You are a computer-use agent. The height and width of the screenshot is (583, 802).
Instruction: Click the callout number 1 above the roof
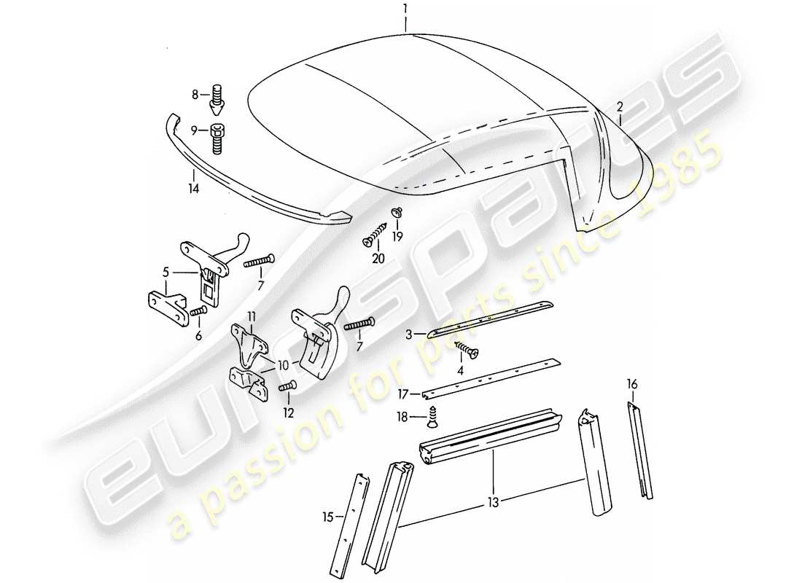(406, 9)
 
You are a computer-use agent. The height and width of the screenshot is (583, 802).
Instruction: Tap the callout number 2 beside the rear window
(619, 106)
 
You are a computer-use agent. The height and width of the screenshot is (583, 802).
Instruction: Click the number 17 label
(404, 394)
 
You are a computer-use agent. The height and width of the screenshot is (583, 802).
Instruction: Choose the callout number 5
(167, 273)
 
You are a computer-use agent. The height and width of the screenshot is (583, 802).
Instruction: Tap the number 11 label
(252, 316)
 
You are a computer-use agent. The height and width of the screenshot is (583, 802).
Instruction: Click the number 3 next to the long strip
(409, 334)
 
